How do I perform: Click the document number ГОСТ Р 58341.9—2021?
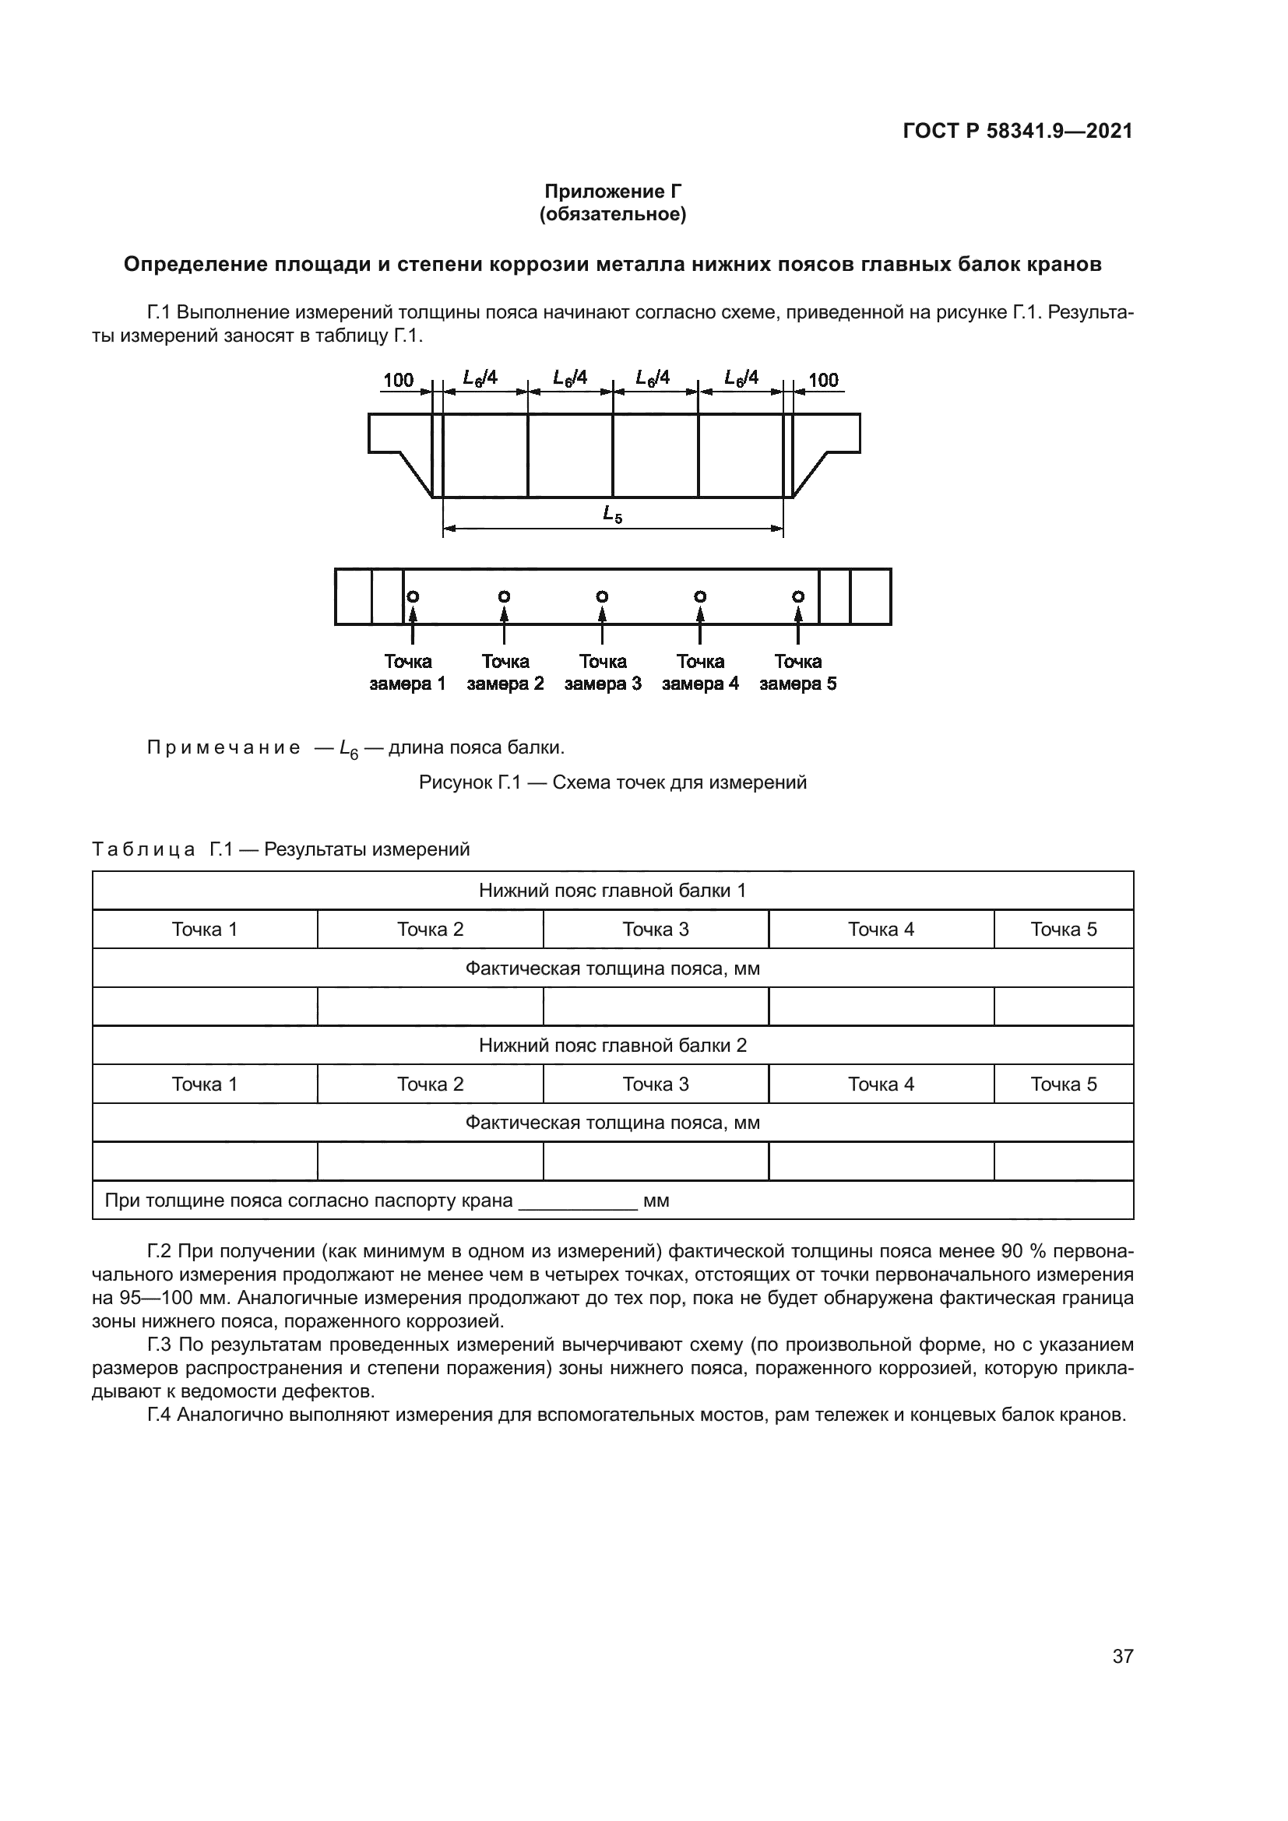point(1018,131)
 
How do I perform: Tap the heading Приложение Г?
point(612,192)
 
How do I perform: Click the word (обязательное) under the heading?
point(612,214)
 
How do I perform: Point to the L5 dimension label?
point(612,514)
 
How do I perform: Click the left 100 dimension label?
point(398,380)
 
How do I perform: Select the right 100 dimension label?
point(823,380)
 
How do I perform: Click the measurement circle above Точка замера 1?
point(413,596)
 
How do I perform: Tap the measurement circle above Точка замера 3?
point(602,596)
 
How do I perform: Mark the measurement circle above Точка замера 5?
point(798,596)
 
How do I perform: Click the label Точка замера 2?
point(505,673)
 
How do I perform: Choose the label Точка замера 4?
point(700,673)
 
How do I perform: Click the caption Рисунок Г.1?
point(612,782)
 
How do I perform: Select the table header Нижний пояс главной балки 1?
point(612,891)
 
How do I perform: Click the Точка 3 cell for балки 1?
point(655,930)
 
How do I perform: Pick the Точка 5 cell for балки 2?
point(1064,1085)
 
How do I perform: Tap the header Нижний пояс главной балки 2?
point(612,1046)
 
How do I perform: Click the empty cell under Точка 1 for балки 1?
point(205,1007)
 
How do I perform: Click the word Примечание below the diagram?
point(223,748)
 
